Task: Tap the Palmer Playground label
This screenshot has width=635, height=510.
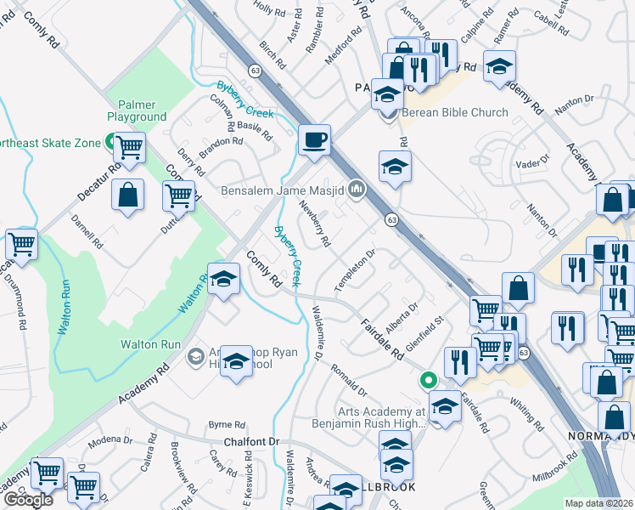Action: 137,110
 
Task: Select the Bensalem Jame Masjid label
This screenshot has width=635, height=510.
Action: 282,190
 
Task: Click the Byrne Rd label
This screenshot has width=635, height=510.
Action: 227,423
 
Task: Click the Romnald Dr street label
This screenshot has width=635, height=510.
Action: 348,379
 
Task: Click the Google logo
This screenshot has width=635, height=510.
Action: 29,500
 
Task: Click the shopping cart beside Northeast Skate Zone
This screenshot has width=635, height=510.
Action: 128,147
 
